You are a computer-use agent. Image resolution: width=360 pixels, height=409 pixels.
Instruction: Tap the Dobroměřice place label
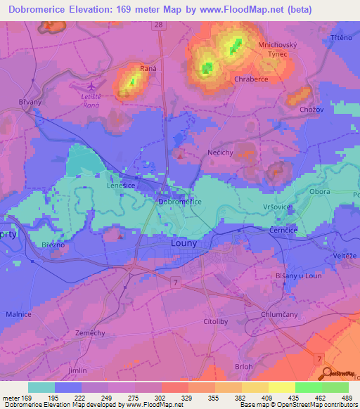(x=180, y=202)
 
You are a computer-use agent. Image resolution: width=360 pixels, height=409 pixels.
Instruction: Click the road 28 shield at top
(x=159, y=25)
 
